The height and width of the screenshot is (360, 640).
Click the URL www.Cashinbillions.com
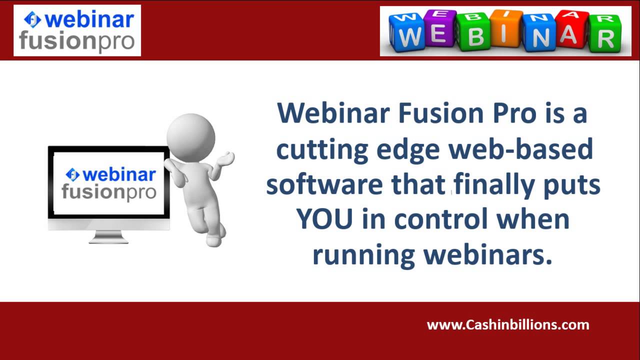click(508, 325)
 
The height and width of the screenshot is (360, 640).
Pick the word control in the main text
click(440, 219)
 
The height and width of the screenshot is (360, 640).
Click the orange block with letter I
click(506, 30)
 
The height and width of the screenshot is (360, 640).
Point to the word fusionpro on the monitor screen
click(109, 192)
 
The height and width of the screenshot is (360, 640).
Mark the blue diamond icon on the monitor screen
click(73, 174)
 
